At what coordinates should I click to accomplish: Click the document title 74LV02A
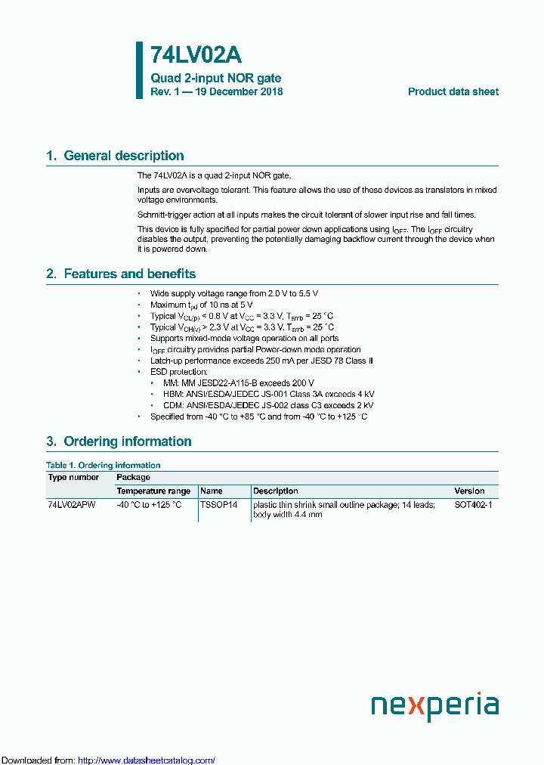pos(196,56)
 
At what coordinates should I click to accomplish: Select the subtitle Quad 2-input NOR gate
pos(215,79)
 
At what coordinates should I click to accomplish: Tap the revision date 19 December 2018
pos(241,91)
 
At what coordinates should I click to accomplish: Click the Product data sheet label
pos(453,91)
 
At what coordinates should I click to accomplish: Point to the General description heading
pos(123,156)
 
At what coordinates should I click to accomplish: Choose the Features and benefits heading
pos(129,274)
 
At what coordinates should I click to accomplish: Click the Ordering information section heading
pos(127,441)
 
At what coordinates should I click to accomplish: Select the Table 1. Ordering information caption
pos(103,465)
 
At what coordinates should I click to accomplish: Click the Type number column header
pos(73,478)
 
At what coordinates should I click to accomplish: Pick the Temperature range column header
pos(153,491)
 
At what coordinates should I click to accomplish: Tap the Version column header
pos(469,491)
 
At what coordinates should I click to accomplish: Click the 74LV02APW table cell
pos(72,504)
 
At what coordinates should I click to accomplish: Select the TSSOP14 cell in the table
pos(218,504)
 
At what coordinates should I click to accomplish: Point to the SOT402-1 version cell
pos(473,504)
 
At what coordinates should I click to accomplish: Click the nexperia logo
pos(434,706)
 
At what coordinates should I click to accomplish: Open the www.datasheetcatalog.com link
pos(147,760)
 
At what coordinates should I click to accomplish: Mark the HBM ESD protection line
pos(268,394)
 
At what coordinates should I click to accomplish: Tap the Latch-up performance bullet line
pos(261,361)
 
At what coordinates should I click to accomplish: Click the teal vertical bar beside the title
pos(139,70)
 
